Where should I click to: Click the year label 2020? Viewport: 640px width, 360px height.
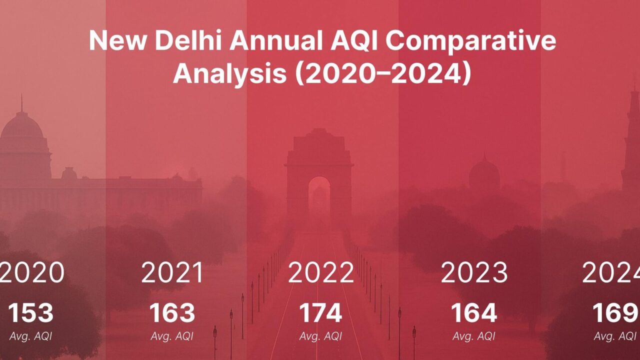tap(32, 272)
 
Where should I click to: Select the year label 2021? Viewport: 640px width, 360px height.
tap(172, 272)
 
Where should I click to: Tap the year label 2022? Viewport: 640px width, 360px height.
tap(320, 272)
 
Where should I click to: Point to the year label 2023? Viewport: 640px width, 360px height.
tap(474, 272)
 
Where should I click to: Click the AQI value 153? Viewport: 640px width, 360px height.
tap(30, 313)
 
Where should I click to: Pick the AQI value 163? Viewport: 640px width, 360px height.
tap(172, 313)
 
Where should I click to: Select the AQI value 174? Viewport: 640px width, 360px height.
tap(320, 313)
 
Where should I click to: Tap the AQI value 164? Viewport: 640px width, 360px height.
tap(474, 313)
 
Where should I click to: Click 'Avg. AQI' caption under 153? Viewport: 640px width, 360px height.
tap(30, 336)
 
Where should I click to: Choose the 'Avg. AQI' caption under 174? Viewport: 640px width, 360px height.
tap(320, 336)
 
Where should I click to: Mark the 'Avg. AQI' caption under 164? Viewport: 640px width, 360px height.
tap(474, 336)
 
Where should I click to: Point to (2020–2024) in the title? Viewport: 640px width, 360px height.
tap(383, 73)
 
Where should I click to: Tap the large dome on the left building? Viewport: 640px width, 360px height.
tap(21, 128)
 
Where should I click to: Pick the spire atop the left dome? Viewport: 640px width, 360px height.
tap(21, 103)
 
